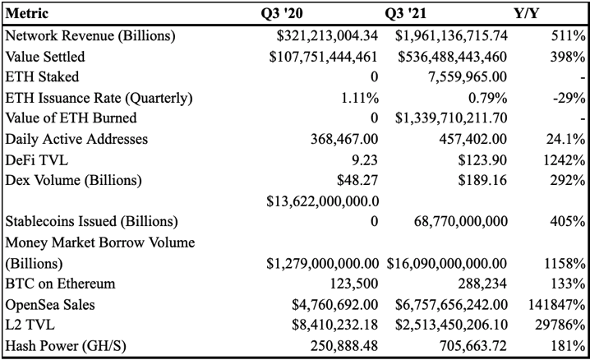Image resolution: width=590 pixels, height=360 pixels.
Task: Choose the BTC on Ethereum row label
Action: click(x=60, y=284)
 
